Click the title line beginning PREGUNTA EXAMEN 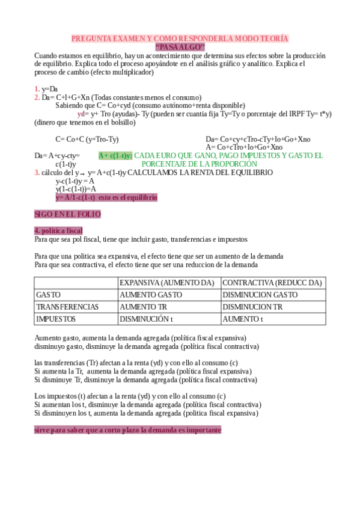180,38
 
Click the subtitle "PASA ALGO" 180,47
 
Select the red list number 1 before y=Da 37,89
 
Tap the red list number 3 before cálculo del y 37,173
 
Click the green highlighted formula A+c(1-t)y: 115,155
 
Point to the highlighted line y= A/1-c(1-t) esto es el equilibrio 106,197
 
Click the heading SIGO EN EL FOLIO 67,214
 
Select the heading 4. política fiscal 59,231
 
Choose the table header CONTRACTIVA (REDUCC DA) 272,283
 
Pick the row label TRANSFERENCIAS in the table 67,307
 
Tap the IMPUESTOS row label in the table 56,319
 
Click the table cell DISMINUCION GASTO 260,295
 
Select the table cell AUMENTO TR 143,307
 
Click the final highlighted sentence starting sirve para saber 127,430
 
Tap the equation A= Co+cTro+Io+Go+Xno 244,147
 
